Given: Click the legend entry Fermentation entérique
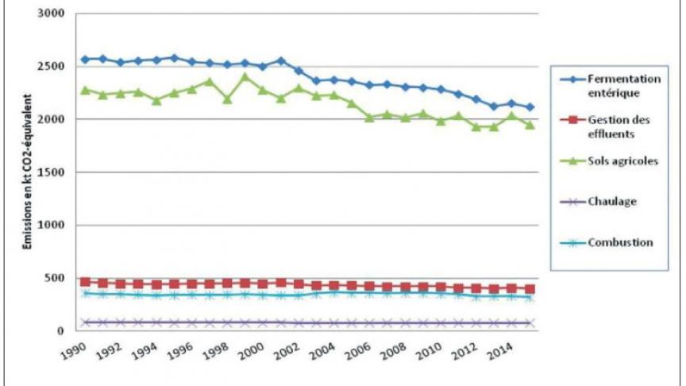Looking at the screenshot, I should pos(625,85).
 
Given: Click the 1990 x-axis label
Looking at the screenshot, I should pos(74,350).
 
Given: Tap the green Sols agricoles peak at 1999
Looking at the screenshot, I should pos(245,77).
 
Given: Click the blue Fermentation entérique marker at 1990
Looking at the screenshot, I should pos(85,60).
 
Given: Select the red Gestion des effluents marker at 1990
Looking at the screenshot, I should pos(85,281).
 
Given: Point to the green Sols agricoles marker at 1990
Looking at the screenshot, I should pos(85,90).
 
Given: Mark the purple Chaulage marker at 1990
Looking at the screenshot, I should pos(85,322).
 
